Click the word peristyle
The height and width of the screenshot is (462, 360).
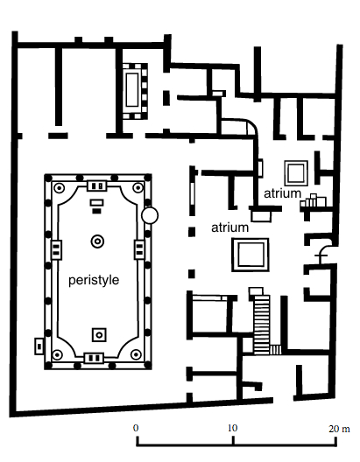pos(93,280)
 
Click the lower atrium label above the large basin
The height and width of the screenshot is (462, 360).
pos(230,227)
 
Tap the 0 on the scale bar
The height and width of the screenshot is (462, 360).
pos(136,429)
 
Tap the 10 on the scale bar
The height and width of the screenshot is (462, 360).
pos(233,429)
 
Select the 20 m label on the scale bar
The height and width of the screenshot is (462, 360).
pos(335,429)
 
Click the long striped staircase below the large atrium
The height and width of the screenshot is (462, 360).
pos(260,322)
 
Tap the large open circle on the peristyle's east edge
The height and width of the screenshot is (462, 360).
pos(150,214)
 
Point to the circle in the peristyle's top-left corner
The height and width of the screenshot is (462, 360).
pos(58,188)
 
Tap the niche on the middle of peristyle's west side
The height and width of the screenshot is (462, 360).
pos(55,249)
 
